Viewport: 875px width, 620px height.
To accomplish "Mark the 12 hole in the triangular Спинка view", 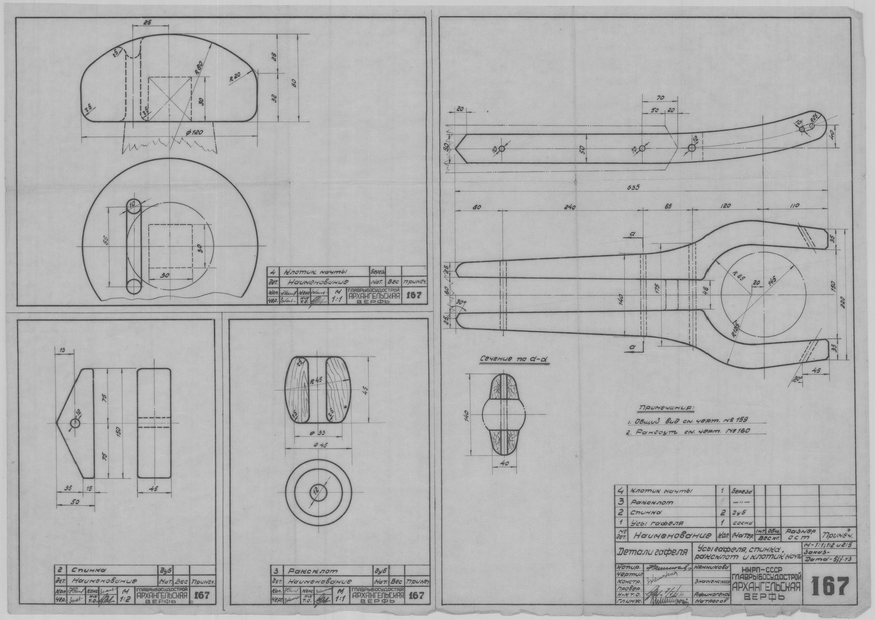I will pyautogui.click(x=75, y=423).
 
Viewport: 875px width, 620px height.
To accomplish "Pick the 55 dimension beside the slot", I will pyautogui.click(x=106, y=240).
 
